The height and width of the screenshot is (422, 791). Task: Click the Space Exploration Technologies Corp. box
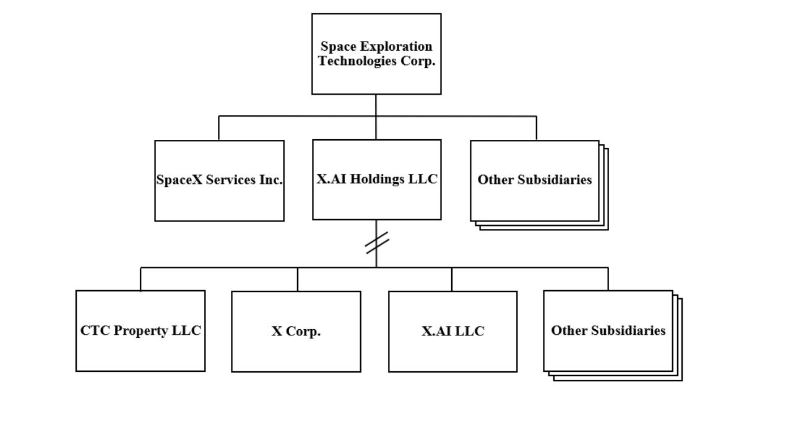(376, 54)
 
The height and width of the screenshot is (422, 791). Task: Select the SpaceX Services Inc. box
(219, 181)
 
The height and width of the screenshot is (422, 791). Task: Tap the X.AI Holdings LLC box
(377, 179)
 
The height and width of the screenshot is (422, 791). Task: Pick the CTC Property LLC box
(140, 331)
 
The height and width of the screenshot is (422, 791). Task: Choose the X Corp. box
(296, 332)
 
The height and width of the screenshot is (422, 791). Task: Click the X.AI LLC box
(453, 332)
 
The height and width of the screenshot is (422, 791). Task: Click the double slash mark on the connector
(377, 243)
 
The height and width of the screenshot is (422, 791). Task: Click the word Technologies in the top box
(357, 61)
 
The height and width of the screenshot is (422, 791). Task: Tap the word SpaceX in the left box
(179, 179)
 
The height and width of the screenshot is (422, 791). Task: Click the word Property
(140, 331)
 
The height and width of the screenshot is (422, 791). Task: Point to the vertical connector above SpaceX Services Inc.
(218, 128)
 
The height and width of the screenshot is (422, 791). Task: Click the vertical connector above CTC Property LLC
(140, 279)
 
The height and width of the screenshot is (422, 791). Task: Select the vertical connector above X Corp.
(297, 279)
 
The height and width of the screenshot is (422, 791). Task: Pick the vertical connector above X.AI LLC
(452, 279)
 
